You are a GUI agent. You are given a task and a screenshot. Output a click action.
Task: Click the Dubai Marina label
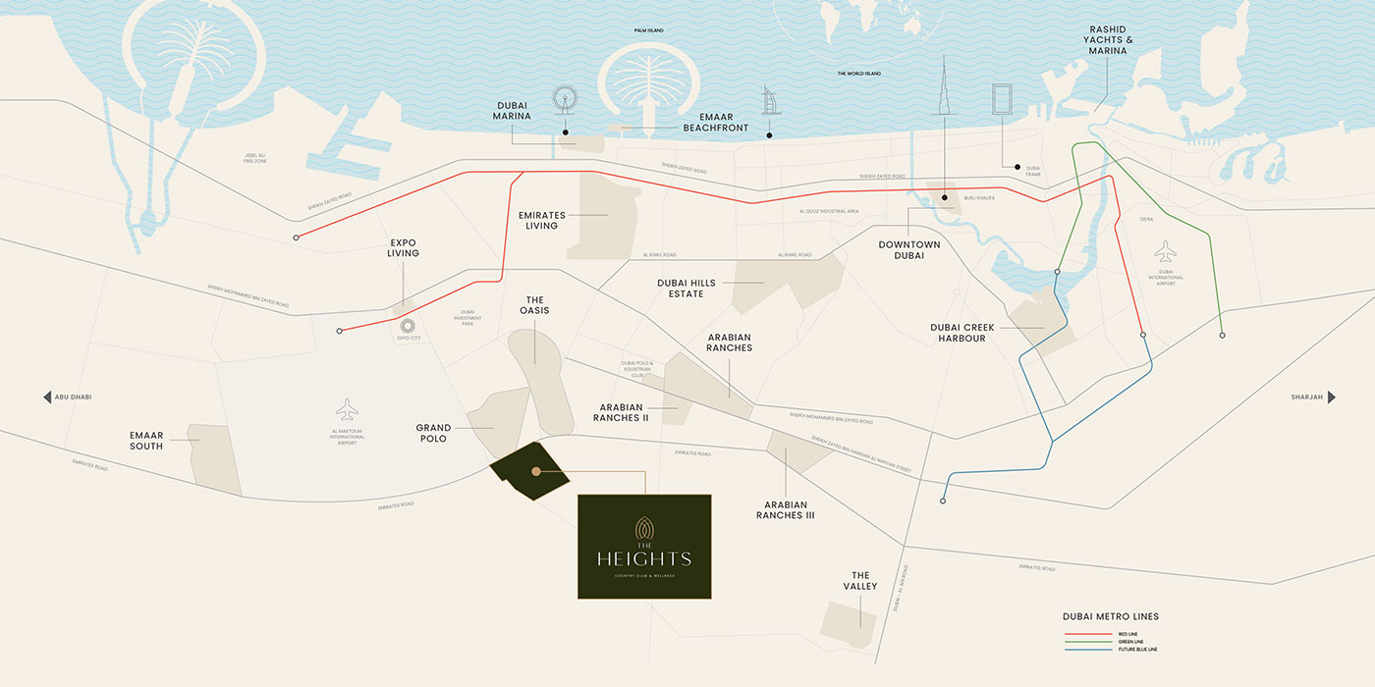point(512,110)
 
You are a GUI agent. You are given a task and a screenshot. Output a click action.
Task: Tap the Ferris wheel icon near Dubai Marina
point(565,101)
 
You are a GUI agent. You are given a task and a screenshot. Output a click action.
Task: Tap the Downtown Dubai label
point(908,249)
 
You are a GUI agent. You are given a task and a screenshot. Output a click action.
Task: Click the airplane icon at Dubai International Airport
point(1166,250)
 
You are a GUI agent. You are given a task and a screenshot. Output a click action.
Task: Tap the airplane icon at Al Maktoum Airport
point(347,409)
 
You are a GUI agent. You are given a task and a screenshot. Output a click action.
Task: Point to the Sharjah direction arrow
point(1331,397)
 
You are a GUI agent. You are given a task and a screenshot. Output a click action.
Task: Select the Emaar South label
point(146,441)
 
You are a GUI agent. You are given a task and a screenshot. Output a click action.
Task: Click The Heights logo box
point(644,547)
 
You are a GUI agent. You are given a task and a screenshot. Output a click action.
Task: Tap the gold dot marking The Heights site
point(536,472)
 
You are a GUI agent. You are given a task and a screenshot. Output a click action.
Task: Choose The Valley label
point(860,581)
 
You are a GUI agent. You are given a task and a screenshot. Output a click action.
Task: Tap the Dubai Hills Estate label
point(694,288)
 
